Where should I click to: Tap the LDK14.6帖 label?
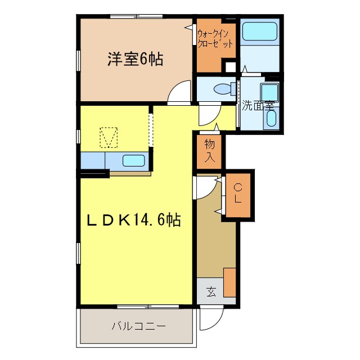click(133, 219)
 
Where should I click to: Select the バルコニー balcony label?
click(138, 326)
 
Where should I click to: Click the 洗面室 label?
click(258, 105)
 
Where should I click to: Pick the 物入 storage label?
click(210, 151)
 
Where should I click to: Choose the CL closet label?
click(238, 193)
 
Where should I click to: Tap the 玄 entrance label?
click(211, 292)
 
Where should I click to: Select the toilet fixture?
click(222, 88)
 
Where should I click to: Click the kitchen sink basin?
click(133, 160)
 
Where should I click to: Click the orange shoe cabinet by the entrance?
click(229, 282)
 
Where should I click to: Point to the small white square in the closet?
click(229, 67)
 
